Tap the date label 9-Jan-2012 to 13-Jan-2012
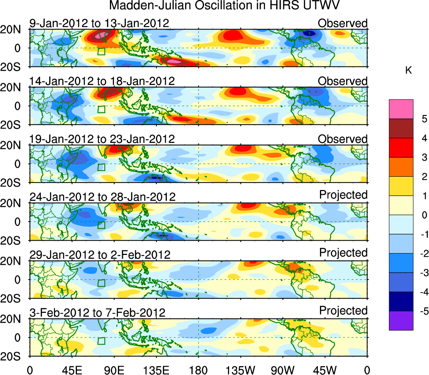(99, 23)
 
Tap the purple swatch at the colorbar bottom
(401, 320)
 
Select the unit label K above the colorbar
(408, 71)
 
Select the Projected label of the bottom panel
(343, 311)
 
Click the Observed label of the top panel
(343, 23)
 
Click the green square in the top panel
(101, 52)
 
